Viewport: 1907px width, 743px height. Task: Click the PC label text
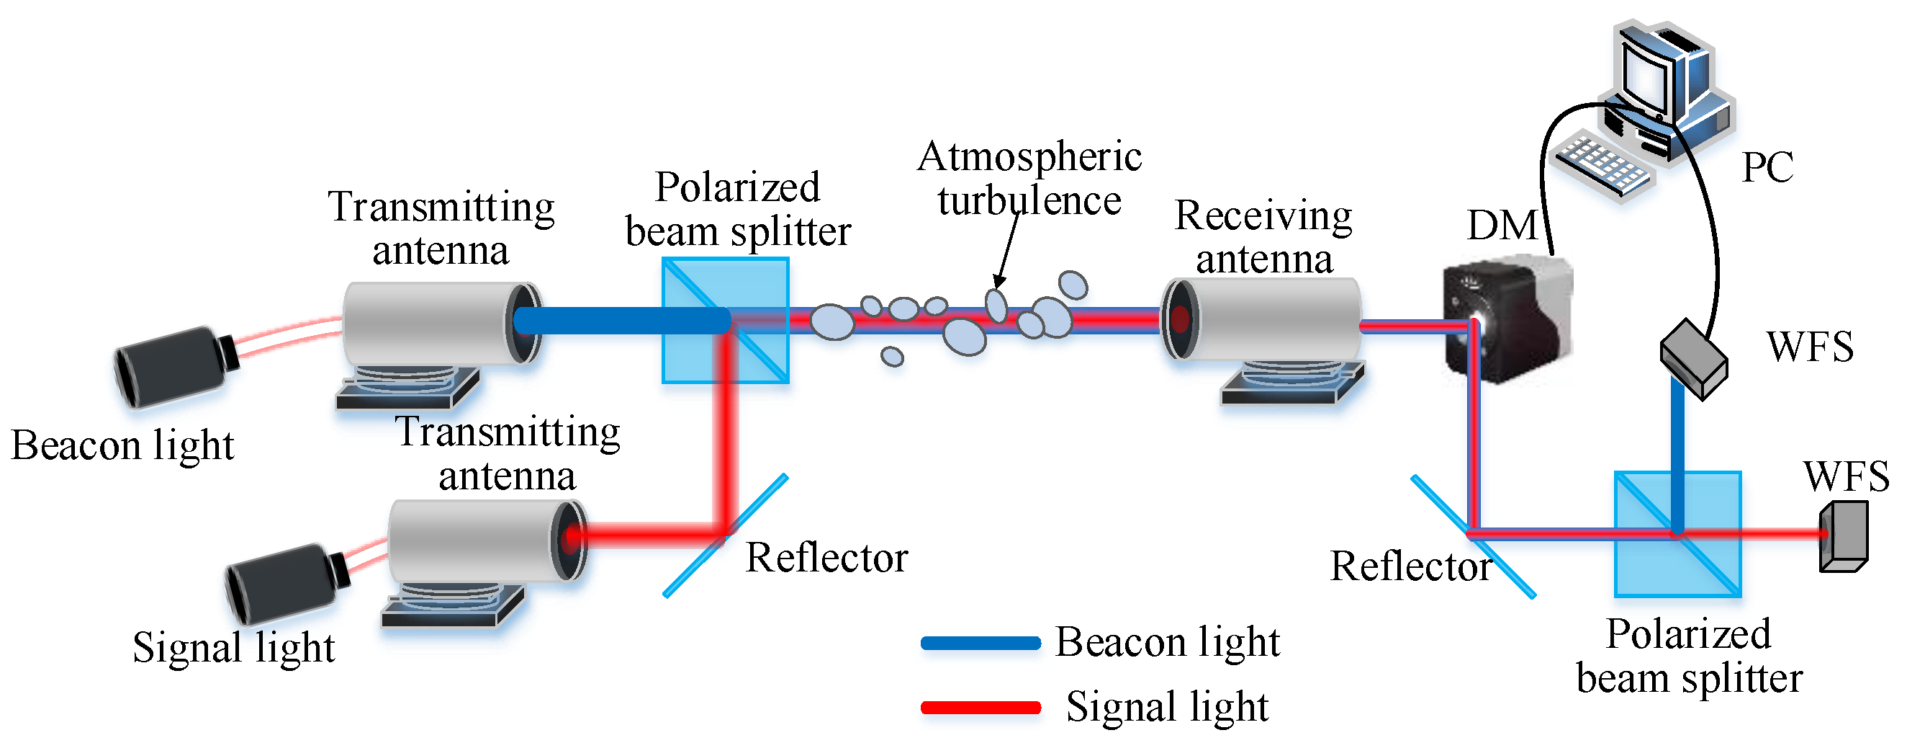1767,166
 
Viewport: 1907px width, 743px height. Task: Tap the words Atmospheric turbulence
1029,179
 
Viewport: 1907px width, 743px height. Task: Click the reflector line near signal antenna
726,535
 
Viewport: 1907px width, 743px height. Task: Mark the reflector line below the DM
1473,536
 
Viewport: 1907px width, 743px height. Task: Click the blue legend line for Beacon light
981,643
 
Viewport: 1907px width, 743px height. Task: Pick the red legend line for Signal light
981,708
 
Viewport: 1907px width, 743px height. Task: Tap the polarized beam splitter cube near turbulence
726,320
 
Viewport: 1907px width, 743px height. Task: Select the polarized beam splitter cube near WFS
1677,534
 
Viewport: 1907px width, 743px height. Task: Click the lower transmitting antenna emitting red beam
481,540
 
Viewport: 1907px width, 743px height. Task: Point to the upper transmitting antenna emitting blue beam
437,322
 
